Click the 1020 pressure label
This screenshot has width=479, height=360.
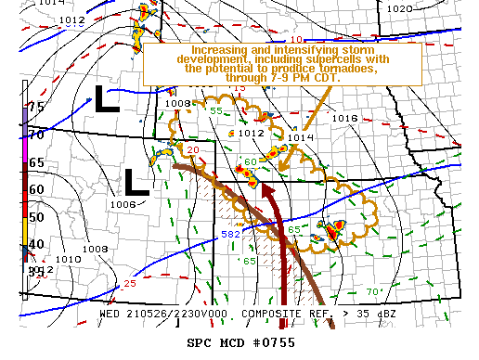tap(399, 8)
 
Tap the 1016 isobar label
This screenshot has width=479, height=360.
tap(344, 119)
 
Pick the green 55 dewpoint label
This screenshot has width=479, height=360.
tap(216, 110)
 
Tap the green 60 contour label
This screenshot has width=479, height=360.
tap(251, 162)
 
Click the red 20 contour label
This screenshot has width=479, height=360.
tap(193, 149)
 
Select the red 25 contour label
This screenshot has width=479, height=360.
tap(129, 283)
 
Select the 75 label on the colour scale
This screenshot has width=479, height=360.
tap(36, 107)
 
